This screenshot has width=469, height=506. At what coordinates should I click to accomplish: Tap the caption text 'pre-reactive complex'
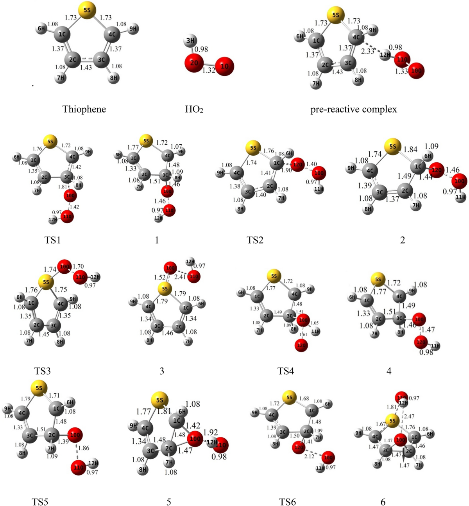353,109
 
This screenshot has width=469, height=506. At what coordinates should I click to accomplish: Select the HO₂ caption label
194,109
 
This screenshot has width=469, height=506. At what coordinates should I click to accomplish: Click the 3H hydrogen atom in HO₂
190,41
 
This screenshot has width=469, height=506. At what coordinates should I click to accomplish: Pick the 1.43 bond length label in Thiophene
86,68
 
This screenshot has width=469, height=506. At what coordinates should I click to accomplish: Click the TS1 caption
52,240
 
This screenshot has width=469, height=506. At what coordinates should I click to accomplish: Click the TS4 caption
285,371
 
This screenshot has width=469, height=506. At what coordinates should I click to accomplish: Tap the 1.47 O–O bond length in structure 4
428,330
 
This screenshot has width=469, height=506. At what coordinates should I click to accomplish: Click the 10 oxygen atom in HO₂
224,66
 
